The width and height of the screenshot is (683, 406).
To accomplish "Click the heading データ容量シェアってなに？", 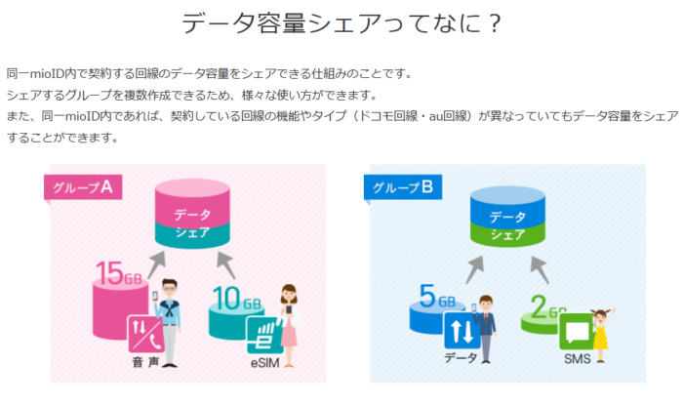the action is click(x=341, y=23).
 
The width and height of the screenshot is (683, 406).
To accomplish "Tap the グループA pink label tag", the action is click(x=83, y=187).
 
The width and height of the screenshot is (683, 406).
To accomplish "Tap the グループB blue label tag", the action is click(x=403, y=187).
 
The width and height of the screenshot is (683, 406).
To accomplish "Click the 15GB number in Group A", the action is click(x=118, y=273).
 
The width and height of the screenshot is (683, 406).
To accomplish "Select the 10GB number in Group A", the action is click(x=237, y=299).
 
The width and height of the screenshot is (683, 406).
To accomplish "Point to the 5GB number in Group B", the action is click(x=437, y=297).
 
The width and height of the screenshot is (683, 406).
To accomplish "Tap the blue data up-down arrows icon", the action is click(x=462, y=331).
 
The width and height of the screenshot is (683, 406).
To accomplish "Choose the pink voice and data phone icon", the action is click(x=146, y=334).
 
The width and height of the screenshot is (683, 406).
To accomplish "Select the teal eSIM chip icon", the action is click(x=264, y=335).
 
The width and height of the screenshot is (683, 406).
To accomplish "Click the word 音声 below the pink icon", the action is click(x=145, y=362).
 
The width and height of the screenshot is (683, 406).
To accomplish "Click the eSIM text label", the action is click(x=264, y=363).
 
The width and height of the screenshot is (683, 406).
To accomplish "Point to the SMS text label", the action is click(x=578, y=359).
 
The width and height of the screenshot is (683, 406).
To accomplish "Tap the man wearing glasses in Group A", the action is click(x=169, y=323).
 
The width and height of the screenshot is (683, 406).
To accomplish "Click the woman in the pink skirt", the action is click(x=289, y=325).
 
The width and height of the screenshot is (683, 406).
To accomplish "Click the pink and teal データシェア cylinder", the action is click(x=192, y=214).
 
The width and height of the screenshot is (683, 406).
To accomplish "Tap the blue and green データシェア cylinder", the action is click(x=508, y=217).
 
